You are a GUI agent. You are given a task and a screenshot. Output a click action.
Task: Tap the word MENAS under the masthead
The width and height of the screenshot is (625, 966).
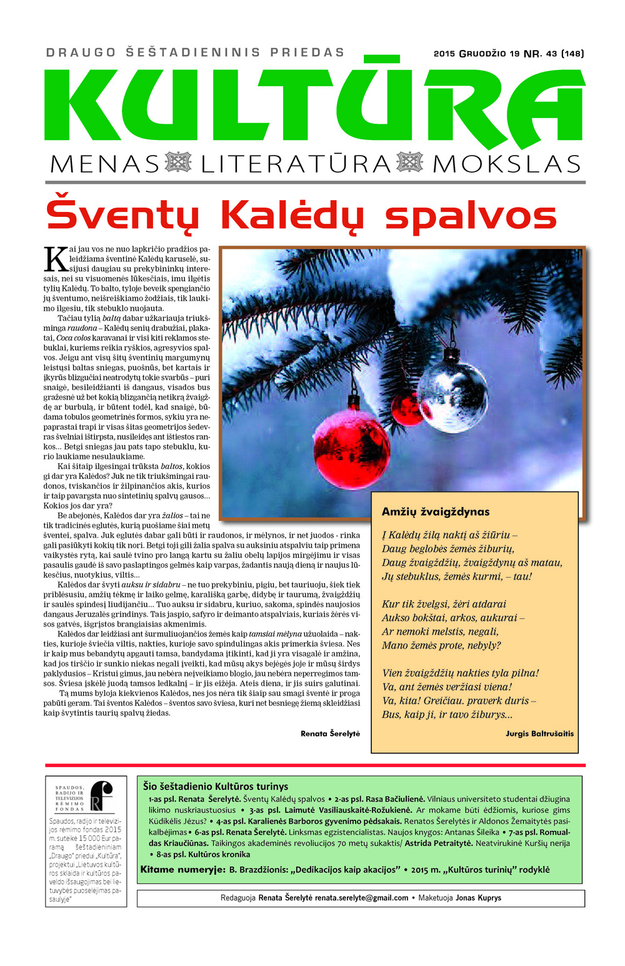pyautogui.click(x=104, y=164)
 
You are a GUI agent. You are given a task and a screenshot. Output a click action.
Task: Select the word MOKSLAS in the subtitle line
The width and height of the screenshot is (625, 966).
pyautogui.click(x=506, y=164)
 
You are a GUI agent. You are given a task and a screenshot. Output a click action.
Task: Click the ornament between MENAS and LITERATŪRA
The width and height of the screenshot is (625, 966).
pyautogui.click(x=178, y=163)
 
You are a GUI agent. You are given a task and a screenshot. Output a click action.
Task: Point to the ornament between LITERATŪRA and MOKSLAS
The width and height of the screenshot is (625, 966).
pyautogui.click(x=410, y=163)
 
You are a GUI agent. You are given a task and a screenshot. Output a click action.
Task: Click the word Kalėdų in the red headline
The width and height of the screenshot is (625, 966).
pyautogui.click(x=292, y=216)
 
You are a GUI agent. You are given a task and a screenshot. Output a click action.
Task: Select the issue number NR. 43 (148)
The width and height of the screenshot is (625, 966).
pyautogui.click(x=553, y=54)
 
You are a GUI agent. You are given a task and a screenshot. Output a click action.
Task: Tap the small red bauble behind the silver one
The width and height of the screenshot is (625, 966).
pyautogui.click(x=407, y=408)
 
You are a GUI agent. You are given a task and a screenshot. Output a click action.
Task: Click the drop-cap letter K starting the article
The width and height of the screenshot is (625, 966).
pyautogui.click(x=55, y=259)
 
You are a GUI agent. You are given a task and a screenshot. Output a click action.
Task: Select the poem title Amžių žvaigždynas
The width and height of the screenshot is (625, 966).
pyautogui.click(x=436, y=511)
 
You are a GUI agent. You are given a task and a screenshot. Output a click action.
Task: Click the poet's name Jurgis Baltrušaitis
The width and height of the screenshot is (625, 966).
pyautogui.click(x=539, y=733)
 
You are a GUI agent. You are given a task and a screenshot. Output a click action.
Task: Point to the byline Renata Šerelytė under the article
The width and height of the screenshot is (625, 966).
pyautogui.click(x=330, y=733)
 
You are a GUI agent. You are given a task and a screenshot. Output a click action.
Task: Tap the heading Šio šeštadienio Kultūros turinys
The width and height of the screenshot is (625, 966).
pyautogui.click(x=215, y=787)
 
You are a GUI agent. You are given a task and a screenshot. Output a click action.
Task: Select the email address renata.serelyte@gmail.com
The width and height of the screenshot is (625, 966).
pyautogui.click(x=361, y=898)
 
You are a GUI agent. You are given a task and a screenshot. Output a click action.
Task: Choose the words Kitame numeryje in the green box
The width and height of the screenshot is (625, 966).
pyautogui.click(x=182, y=870)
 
